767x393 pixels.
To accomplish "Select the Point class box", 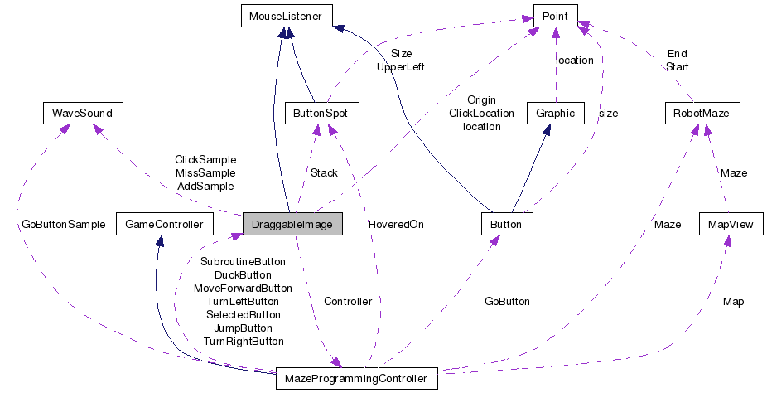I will point(555,15).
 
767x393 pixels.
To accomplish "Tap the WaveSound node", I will point(83,113).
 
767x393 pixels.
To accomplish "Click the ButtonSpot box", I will point(321,113).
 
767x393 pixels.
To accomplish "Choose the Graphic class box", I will point(556,113).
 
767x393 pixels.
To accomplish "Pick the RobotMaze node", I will point(702,113).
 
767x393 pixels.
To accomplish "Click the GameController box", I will point(165,223).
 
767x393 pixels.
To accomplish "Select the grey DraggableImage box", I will point(292,223).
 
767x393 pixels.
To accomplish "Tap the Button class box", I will point(506,223).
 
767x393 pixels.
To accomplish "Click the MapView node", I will point(730,223).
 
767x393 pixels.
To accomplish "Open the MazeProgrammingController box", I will point(356,378).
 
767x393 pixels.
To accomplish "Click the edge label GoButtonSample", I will point(65,225).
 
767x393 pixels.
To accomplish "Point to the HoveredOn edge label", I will point(396,225).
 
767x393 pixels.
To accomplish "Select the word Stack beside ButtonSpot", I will point(324,173).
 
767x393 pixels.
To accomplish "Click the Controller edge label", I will point(348,301).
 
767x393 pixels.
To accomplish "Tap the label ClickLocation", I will point(481,114).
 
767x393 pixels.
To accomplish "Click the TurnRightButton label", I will point(244,341).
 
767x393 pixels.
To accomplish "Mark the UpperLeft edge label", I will point(400,66).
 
